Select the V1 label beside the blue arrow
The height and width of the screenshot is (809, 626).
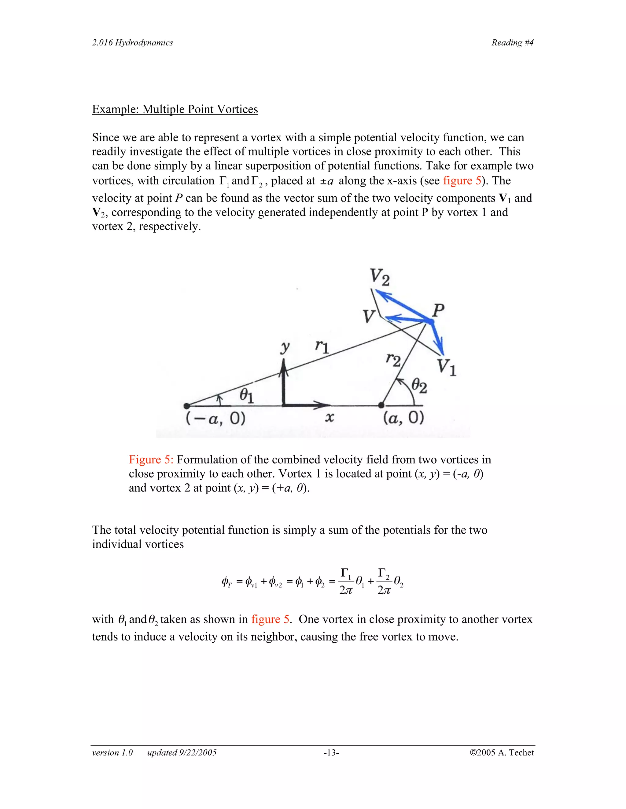tap(446, 367)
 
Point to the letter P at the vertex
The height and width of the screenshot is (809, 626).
tap(438, 310)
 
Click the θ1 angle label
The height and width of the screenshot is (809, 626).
tap(246, 395)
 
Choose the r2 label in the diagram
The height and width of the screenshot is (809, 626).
tap(393, 359)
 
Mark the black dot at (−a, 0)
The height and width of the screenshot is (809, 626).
tap(187, 406)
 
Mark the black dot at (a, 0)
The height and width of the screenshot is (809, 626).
tap(381, 405)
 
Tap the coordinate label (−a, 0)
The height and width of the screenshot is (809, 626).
tap(215, 419)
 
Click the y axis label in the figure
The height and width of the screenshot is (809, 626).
tap(285, 347)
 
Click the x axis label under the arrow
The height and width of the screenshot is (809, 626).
tap(329, 417)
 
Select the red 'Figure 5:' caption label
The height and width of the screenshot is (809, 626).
tap(151, 460)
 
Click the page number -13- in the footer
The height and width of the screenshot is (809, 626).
tap(331, 752)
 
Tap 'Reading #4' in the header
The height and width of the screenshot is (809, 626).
tap(512, 43)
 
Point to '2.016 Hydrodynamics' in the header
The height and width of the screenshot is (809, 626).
tap(132, 43)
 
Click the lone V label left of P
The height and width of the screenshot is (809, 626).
tap(369, 317)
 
